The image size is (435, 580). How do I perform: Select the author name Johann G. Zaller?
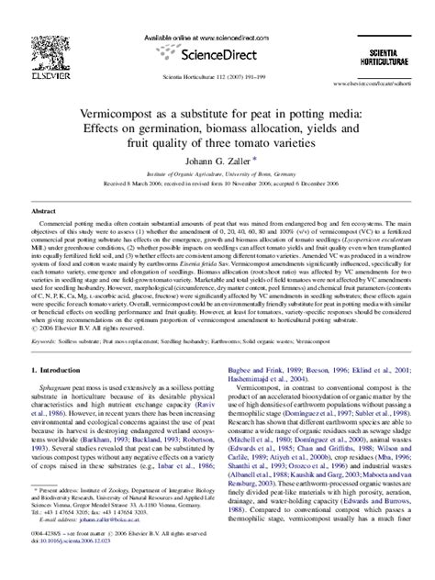click(217, 160)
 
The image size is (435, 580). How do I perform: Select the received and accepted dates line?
click(217, 183)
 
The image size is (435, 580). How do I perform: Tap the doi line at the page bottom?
click(77, 570)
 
